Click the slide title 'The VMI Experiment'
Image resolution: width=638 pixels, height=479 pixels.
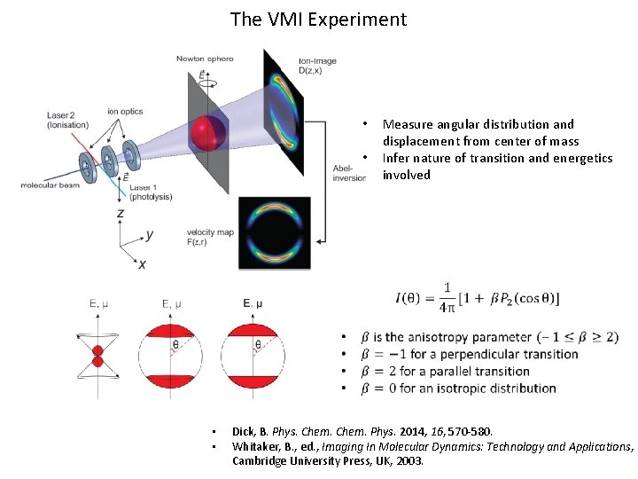(x=318, y=19)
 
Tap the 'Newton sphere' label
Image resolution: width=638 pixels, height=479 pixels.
(x=205, y=59)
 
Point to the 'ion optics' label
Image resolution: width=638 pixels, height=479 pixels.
(x=125, y=111)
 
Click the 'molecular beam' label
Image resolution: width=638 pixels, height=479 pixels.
(x=52, y=185)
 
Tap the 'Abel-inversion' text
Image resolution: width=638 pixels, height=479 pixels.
(x=349, y=172)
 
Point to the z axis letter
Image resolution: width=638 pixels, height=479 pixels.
(x=120, y=214)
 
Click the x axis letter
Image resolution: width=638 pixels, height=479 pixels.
(x=142, y=263)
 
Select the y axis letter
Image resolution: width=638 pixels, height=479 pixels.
(x=150, y=234)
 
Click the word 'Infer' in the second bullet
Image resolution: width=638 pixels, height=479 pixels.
(x=395, y=158)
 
